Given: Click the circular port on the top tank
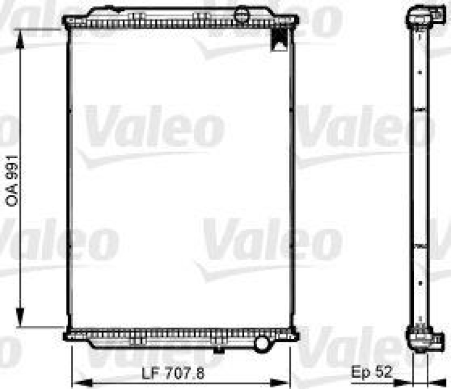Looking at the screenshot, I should (241, 13).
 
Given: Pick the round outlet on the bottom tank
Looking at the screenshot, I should (262, 342).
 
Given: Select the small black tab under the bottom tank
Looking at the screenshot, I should (216, 351).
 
